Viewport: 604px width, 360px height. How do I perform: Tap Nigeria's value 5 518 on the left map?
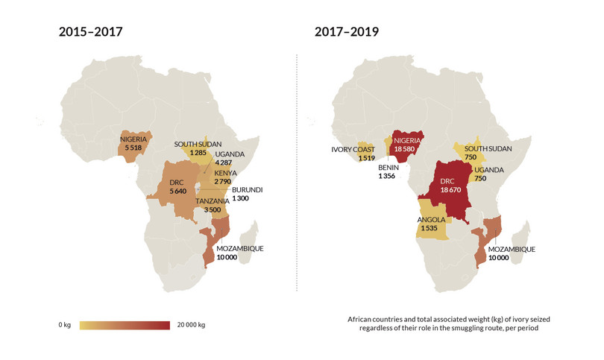pos(133,148)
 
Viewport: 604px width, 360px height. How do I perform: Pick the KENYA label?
pos(226,173)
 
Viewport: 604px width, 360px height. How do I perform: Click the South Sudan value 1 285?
pos(198,153)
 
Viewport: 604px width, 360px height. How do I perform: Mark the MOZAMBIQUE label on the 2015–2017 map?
pos(239,248)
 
